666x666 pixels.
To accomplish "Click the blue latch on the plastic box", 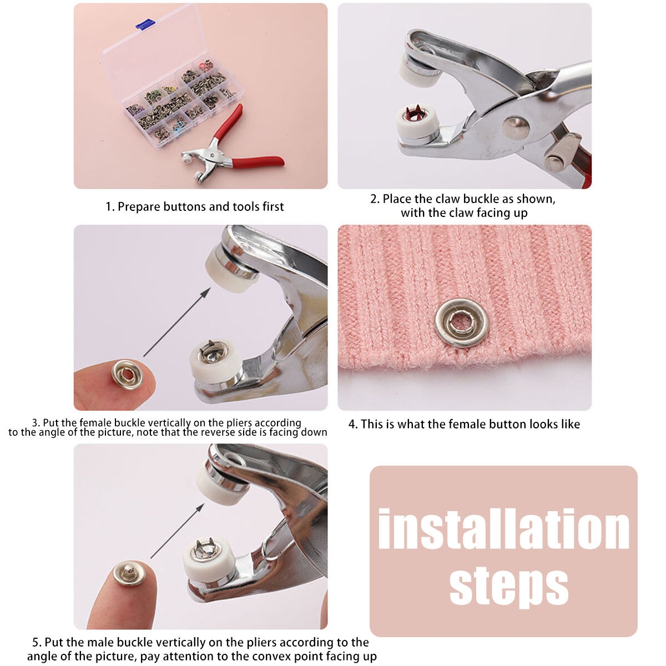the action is (x=145, y=24).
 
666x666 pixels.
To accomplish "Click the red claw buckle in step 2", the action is (x=417, y=113).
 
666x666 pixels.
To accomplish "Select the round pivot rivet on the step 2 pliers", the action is (x=516, y=128).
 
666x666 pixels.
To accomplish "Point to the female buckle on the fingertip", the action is (x=128, y=374).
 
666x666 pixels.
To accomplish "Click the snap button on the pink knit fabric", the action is (x=462, y=323).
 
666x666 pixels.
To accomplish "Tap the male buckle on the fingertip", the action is (x=129, y=573).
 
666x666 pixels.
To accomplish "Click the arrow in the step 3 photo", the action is (x=176, y=322).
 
